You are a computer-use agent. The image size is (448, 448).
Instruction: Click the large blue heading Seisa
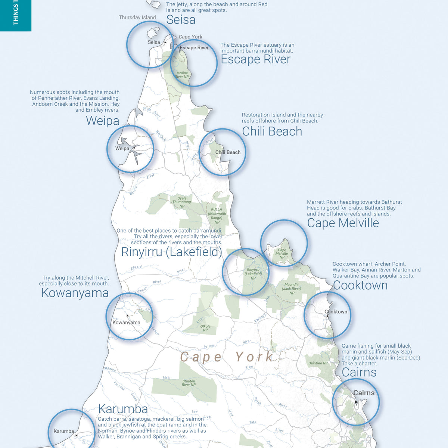click(x=181, y=20)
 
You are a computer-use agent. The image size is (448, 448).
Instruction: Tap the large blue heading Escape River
click(x=255, y=59)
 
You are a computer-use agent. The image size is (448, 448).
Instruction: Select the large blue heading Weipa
click(x=103, y=121)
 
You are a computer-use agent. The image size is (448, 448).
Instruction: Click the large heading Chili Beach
click(x=272, y=131)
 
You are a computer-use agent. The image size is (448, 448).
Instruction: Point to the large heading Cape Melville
click(x=343, y=223)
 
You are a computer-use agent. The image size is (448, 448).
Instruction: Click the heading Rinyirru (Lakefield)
click(x=171, y=252)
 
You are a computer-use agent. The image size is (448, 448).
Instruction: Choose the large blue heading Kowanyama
click(x=75, y=293)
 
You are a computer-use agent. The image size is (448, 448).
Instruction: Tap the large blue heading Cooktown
click(x=360, y=286)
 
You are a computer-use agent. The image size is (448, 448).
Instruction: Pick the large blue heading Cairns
click(x=359, y=372)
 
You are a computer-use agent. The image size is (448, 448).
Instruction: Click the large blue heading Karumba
click(x=123, y=409)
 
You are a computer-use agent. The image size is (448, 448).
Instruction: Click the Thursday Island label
click(x=137, y=18)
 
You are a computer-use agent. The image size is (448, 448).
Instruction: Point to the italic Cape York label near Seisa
click(x=190, y=37)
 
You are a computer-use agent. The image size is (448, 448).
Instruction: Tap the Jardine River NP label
click(x=182, y=75)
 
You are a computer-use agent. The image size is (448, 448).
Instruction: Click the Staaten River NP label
click(x=189, y=383)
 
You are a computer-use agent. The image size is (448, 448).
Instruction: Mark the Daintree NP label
click(x=318, y=363)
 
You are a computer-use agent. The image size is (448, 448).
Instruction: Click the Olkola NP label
click(x=205, y=328)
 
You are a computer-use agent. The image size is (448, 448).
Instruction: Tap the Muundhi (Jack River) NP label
click(x=292, y=289)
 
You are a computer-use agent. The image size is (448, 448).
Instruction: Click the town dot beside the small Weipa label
click(x=134, y=148)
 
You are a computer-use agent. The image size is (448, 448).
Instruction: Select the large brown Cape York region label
click(x=227, y=357)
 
